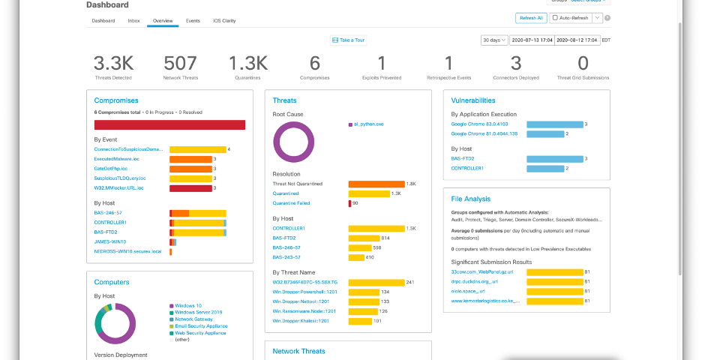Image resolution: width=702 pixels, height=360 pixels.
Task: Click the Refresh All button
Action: pos(530,17)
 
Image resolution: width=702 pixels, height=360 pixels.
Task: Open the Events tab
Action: pos(193,20)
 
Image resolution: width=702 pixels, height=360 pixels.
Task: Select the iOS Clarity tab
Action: pos(224,20)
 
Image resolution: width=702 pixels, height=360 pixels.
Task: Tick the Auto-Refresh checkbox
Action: pos(555,17)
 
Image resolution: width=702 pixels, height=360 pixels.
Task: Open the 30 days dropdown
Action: pos(493,40)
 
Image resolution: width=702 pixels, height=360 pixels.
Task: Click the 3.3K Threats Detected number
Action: pos(113,63)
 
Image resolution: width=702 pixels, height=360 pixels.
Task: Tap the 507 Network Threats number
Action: pos(180,63)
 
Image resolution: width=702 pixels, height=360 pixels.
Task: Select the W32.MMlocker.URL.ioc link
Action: pos(118,187)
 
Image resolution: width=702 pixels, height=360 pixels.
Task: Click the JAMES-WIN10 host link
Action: pos(110,241)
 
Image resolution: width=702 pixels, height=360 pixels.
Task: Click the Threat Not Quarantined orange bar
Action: pos(376,184)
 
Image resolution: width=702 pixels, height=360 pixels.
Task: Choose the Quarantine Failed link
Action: pos(291,203)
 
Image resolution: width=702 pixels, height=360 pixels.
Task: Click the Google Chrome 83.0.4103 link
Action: pos(480,124)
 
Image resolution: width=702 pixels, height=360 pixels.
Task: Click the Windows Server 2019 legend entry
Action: pos(199,312)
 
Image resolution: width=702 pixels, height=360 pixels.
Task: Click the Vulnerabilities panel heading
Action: pos(472,100)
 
